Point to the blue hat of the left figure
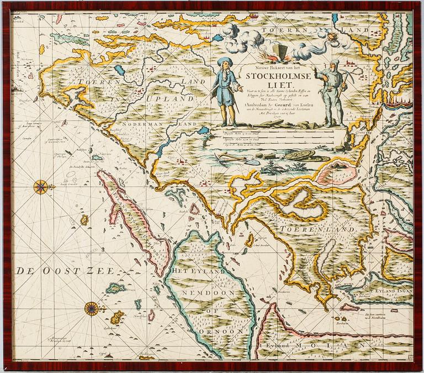(225, 61)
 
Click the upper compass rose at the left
(40, 187)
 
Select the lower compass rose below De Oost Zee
(92, 308)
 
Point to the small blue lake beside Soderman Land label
(204, 130)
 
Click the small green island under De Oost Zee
(116, 288)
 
